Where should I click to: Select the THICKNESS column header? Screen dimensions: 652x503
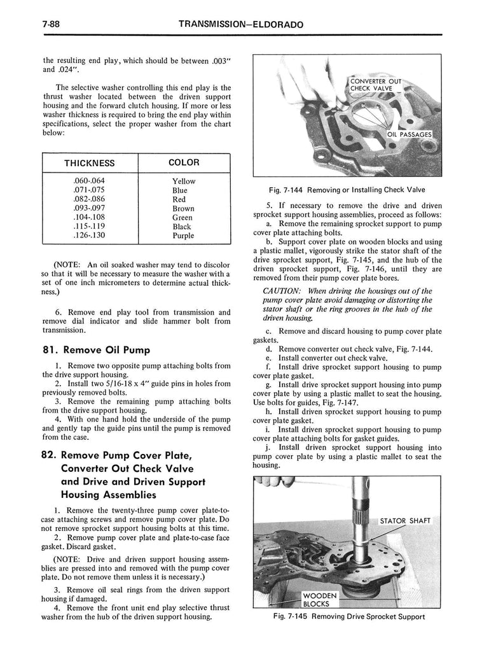point(89,163)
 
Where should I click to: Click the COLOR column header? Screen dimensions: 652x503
point(183,162)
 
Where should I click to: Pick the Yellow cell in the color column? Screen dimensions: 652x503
point(183,181)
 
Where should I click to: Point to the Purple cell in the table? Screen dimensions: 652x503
point(183,236)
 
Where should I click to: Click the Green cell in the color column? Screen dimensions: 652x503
point(183,218)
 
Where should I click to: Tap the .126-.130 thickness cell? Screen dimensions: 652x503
point(89,236)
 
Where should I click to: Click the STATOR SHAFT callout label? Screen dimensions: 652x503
point(405,521)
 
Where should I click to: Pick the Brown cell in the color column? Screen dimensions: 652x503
point(183,208)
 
